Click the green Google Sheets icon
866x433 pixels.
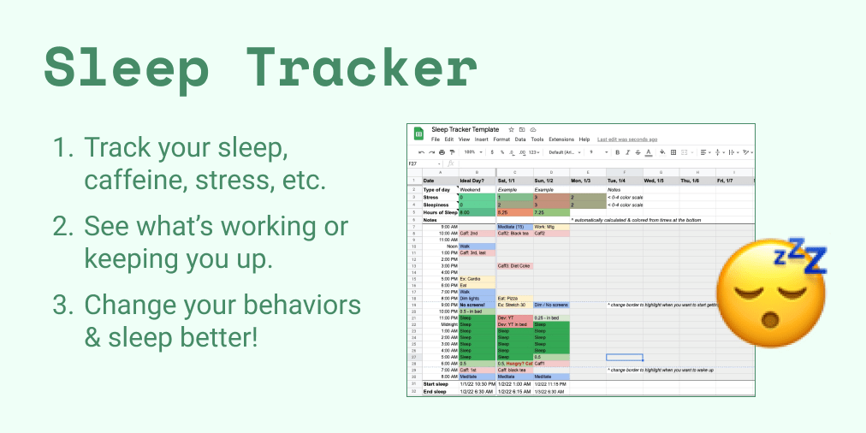coord(419,133)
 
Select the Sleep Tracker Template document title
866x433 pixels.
coord(466,129)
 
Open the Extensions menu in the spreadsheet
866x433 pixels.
coord(561,139)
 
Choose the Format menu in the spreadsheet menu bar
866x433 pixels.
coord(501,139)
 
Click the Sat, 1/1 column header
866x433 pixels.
coord(509,181)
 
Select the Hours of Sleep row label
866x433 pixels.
coord(441,211)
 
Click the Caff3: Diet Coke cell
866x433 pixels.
coord(514,265)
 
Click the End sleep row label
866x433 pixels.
coord(435,391)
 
